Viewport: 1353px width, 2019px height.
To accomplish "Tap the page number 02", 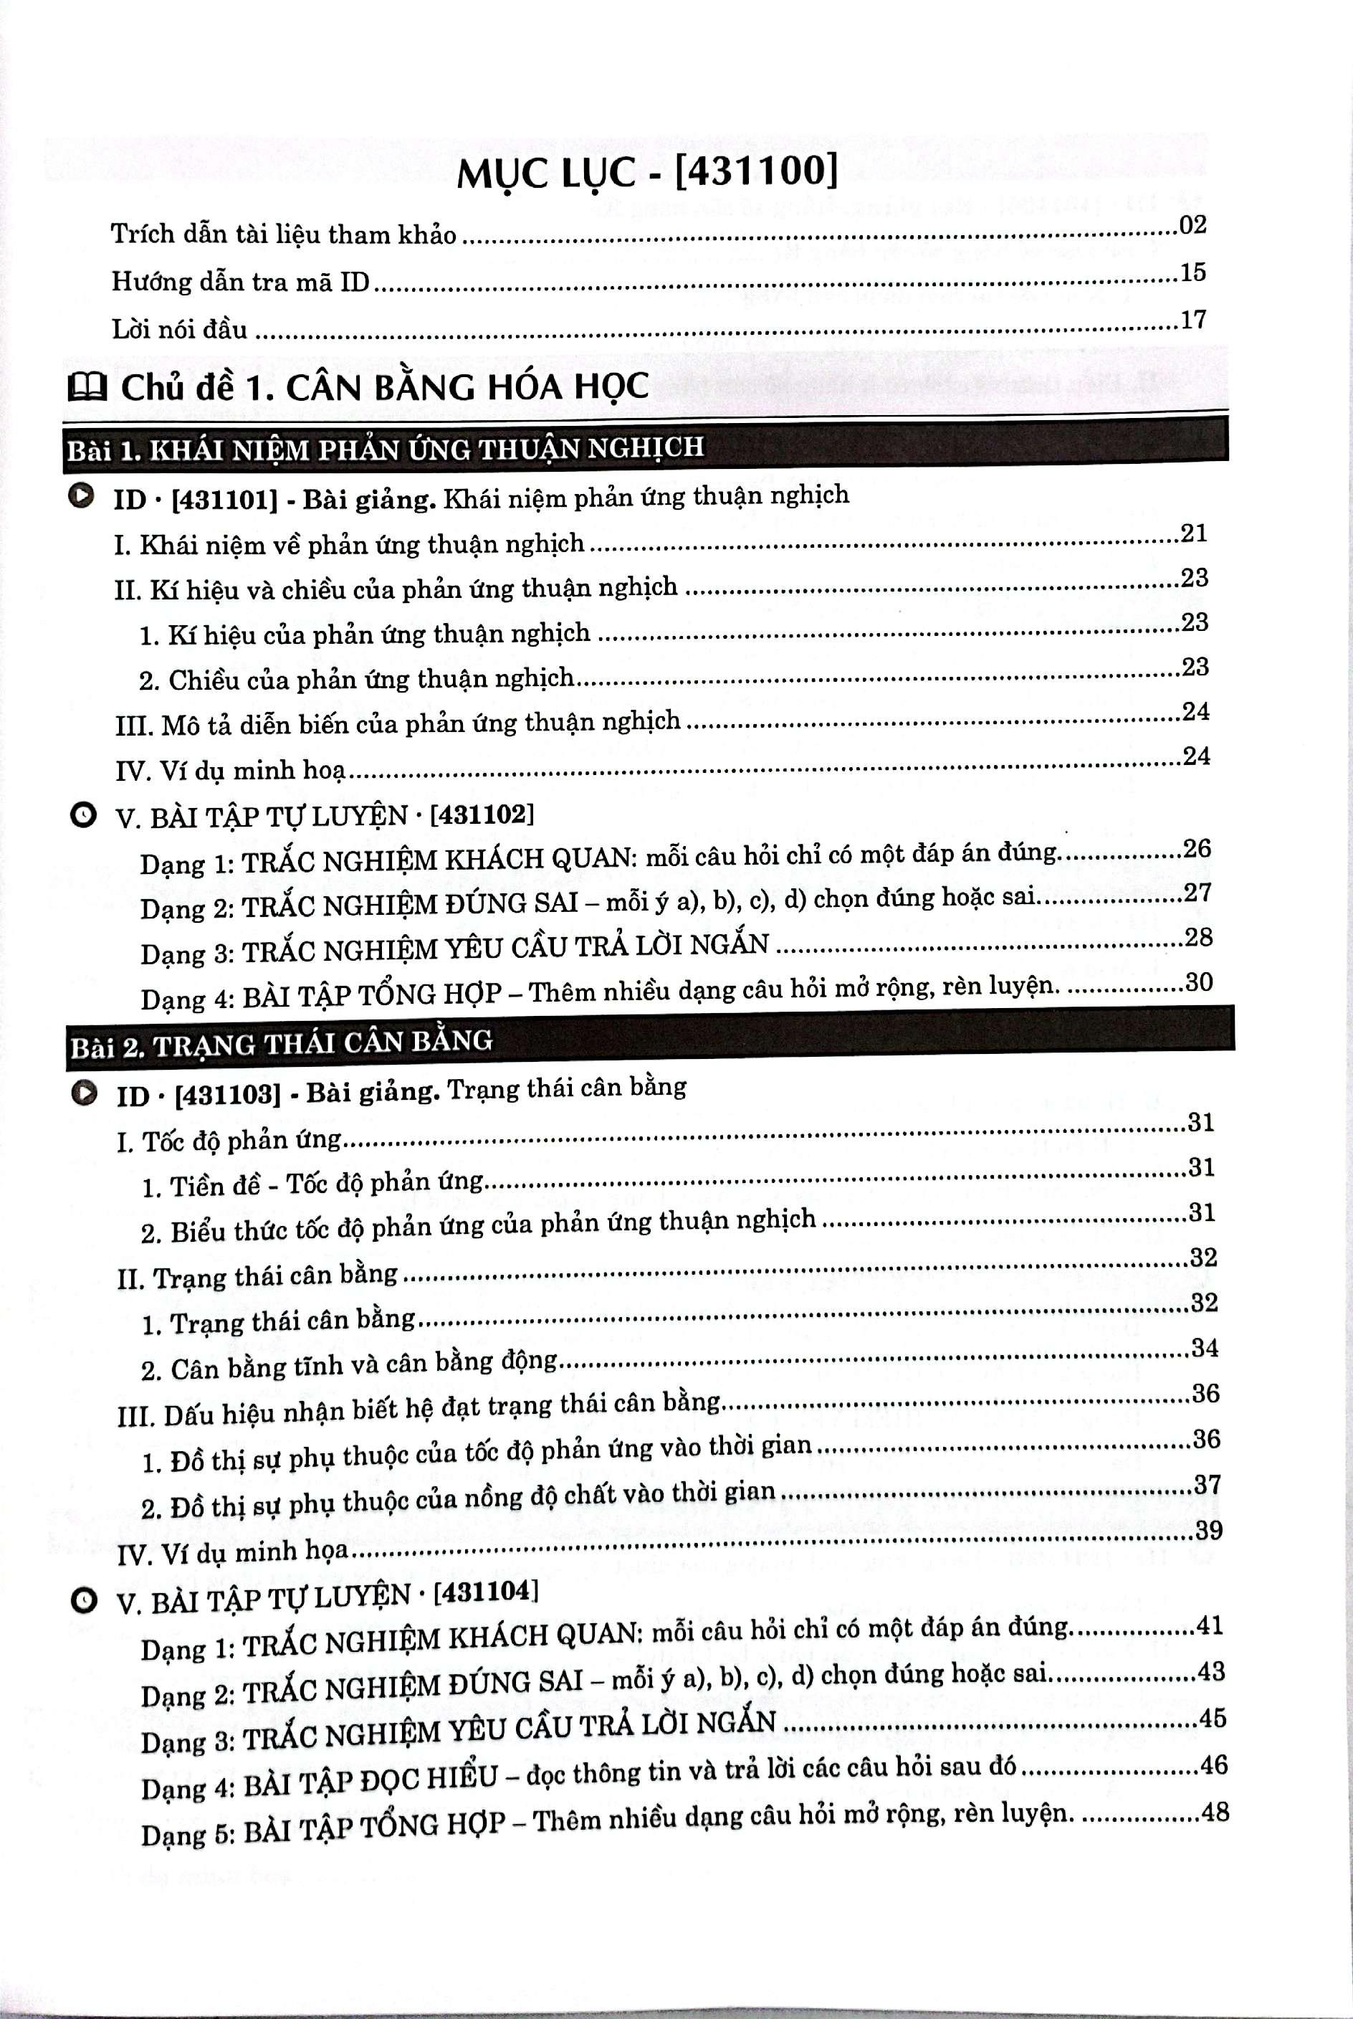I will point(1192,225).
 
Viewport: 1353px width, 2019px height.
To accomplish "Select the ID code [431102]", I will point(482,813).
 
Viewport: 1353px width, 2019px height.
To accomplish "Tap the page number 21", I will point(1193,533).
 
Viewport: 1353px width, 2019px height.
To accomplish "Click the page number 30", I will point(1198,982).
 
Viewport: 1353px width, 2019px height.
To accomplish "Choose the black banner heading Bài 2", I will point(649,1041).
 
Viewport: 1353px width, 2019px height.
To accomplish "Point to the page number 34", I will point(1204,1347).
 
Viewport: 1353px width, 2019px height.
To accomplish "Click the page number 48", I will point(1213,1811).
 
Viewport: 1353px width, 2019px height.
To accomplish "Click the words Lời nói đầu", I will point(179,330).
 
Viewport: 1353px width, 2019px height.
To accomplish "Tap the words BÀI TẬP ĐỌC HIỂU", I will point(371,1778).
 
